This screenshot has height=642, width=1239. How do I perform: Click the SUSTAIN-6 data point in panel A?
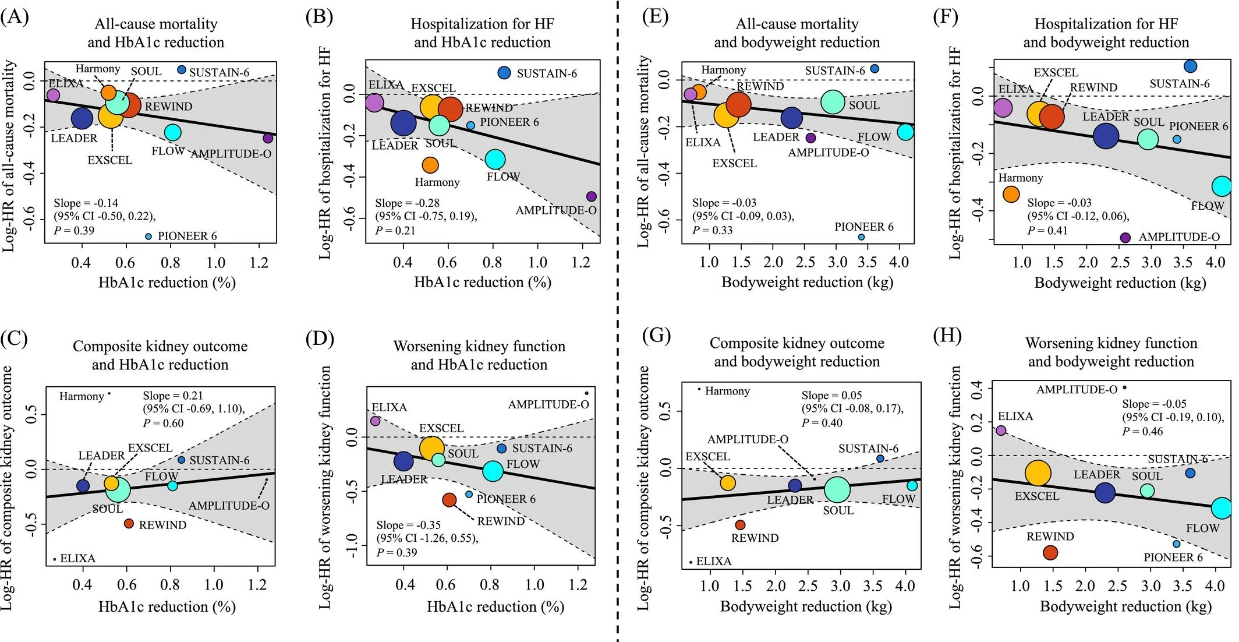(x=182, y=70)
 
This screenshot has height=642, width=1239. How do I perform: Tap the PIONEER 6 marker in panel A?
(x=148, y=237)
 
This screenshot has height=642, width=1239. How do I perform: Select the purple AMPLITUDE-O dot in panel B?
(x=592, y=197)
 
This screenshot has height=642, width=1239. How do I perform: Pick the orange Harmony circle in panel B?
(x=430, y=165)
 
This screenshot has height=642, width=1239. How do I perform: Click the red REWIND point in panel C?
(x=129, y=524)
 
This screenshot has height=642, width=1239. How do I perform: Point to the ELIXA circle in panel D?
(x=376, y=421)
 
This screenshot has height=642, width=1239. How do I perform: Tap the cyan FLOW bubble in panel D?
(x=493, y=471)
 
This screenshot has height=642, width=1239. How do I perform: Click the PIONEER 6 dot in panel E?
(x=862, y=237)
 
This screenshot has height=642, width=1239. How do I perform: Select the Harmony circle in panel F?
(x=1011, y=194)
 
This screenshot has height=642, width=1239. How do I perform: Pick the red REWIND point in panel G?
(x=740, y=525)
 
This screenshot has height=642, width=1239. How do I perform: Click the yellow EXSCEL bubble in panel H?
(x=1038, y=473)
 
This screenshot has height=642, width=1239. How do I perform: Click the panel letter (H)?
(x=947, y=336)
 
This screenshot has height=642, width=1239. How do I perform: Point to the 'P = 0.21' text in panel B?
(x=395, y=230)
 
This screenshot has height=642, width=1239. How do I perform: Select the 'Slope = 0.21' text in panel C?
(x=173, y=396)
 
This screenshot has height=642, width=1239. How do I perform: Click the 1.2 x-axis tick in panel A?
(x=259, y=263)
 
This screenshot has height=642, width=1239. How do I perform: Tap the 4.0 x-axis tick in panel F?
(x=1215, y=263)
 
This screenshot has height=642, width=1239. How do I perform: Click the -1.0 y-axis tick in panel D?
(x=351, y=546)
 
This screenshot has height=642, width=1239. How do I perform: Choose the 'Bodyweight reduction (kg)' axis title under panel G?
(x=806, y=606)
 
